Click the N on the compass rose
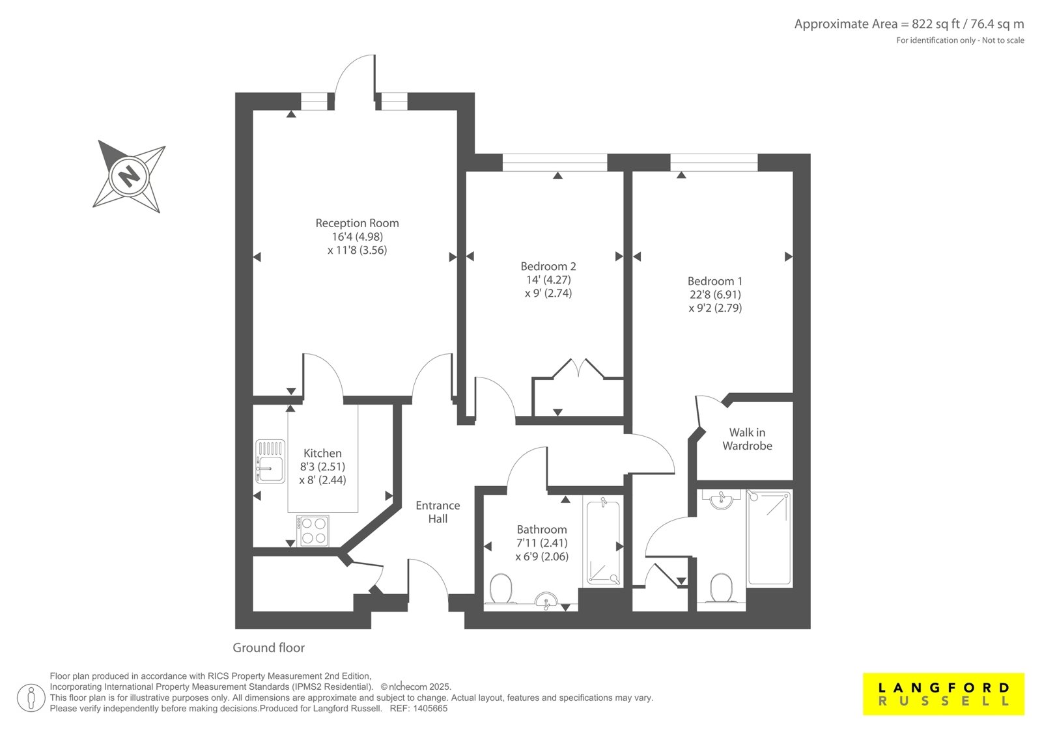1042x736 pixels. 129,176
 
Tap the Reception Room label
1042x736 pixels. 358,223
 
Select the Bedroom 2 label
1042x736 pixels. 548,266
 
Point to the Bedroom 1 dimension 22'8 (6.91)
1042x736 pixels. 715,294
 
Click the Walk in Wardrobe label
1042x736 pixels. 747,439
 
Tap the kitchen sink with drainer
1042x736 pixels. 270,461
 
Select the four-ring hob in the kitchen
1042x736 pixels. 313,530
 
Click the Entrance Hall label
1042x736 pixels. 438,512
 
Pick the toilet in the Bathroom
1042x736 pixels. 501,589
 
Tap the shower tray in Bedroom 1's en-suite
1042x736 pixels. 769,538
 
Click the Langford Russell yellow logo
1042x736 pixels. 944,694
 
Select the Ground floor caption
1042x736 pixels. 268,647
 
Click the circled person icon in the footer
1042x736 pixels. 31,698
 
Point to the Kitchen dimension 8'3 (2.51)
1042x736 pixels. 322,467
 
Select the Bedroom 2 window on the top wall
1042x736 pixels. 555,162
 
